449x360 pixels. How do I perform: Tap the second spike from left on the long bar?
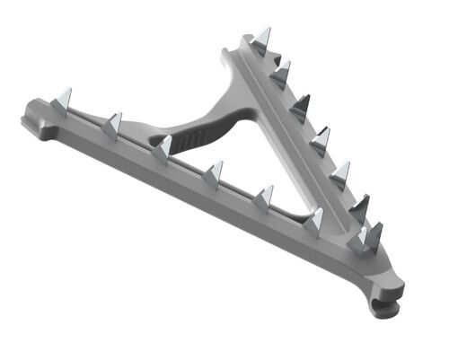(112, 126)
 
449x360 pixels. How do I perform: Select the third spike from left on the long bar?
(163, 147)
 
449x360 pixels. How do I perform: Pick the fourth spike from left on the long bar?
(214, 171)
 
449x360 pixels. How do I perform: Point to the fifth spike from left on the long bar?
(263, 197)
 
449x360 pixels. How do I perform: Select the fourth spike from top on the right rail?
(320, 140)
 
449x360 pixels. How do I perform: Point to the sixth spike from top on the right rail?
(359, 209)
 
